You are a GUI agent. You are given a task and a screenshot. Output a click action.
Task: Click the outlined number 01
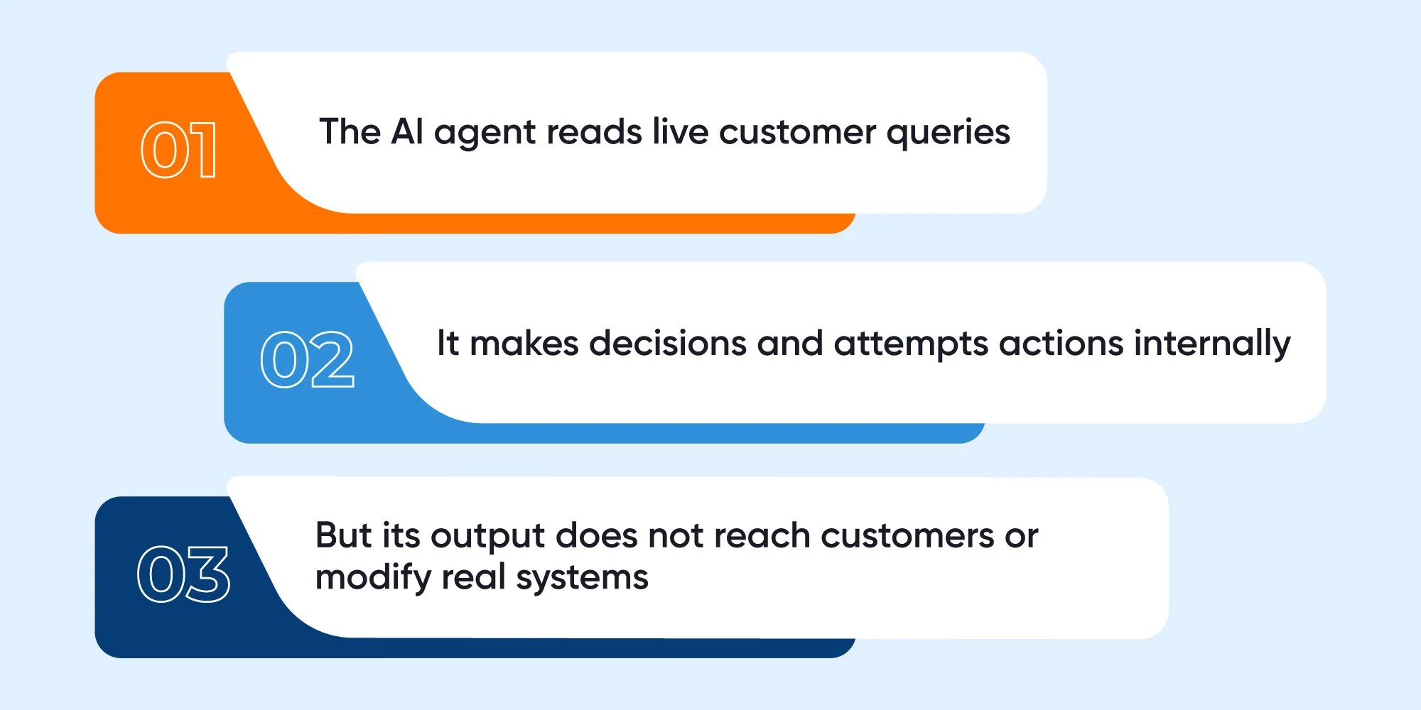click(178, 149)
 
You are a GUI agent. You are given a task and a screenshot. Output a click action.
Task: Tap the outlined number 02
click(307, 359)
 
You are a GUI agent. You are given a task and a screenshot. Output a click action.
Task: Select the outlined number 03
click(183, 574)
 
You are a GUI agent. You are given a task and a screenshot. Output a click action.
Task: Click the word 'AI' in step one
click(407, 132)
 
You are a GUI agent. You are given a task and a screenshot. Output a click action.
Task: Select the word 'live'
click(681, 132)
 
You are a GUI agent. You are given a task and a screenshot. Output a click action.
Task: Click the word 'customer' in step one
click(797, 133)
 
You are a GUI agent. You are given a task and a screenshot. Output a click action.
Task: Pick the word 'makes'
click(524, 344)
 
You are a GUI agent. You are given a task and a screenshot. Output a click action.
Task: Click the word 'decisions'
click(668, 344)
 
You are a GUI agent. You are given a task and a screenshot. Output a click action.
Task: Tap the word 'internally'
click(1212, 346)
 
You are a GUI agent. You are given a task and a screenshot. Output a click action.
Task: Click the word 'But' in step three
click(344, 535)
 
